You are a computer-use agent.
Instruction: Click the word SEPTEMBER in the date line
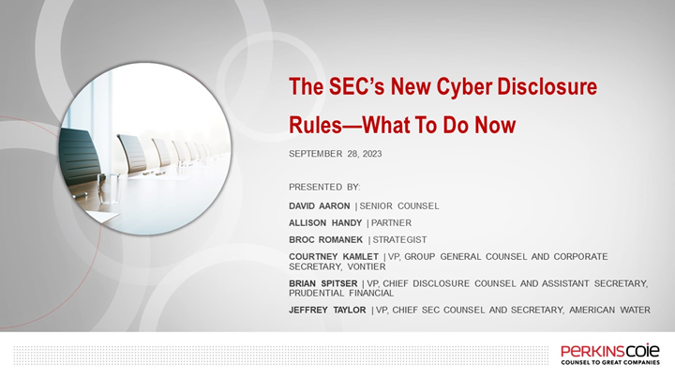[x=319, y=153]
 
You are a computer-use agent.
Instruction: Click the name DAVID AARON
[x=319, y=205]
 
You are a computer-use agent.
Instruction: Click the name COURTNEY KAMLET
[x=335, y=256]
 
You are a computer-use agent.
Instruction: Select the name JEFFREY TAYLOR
[x=328, y=310]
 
